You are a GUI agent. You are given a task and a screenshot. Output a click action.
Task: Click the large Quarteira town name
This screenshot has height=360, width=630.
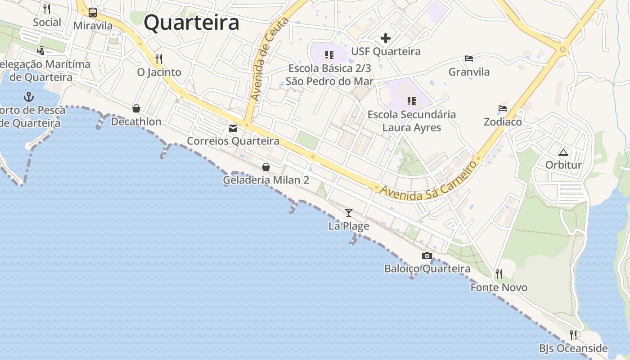191,22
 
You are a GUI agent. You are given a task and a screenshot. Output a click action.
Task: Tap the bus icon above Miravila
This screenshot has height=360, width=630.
93,13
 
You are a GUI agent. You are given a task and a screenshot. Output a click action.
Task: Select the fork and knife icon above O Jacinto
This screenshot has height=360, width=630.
158,58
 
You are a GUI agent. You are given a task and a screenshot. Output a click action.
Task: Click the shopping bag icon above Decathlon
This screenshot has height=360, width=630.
136,108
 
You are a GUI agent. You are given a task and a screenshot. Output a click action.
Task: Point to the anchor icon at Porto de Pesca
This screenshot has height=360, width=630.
29,96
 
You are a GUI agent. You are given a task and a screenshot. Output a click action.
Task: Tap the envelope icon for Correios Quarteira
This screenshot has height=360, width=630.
233,128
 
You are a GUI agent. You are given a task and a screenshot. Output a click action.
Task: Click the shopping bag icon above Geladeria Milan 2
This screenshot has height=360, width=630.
266,167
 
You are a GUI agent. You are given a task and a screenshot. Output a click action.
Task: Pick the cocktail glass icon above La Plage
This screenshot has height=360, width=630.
349,212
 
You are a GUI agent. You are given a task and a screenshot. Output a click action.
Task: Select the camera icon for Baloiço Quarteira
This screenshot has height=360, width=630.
427,256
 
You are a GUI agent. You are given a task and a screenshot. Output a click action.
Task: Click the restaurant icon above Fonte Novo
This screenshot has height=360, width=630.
499,274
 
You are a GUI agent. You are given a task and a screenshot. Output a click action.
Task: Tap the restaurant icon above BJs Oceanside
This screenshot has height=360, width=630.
573,335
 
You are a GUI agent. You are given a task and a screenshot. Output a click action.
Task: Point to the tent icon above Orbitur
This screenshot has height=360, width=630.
563,152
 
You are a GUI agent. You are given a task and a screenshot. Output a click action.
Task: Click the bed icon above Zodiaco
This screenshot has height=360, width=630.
503,108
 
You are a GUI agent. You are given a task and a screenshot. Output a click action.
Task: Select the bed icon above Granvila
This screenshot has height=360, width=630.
469,58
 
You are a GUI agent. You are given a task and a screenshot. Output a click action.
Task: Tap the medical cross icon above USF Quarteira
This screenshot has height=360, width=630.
386,38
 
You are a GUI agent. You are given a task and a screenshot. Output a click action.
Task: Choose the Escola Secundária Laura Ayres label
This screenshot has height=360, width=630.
411,121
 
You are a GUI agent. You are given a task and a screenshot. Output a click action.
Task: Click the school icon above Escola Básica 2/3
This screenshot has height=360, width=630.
329,55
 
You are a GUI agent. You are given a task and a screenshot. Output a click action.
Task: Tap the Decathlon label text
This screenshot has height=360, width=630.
136,121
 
